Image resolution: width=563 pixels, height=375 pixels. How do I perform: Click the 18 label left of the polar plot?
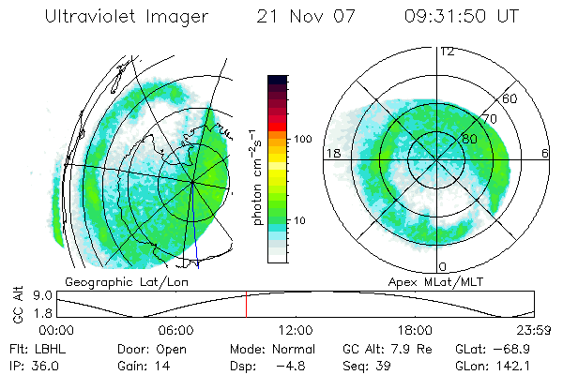coord(332,153)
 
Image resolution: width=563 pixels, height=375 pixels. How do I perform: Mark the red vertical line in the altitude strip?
coord(246,304)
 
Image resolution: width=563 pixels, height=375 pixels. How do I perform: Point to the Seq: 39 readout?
coord(369,366)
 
